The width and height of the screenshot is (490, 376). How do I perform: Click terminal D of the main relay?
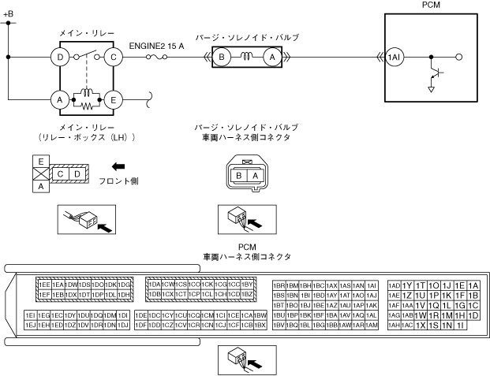(x=58, y=57)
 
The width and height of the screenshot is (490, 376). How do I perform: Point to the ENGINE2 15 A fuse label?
(x=157, y=45)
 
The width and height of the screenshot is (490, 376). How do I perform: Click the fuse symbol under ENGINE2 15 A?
(x=162, y=58)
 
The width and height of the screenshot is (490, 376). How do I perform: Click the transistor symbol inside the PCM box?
(x=432, y=75)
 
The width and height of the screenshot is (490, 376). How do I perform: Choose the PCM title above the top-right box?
(x=432, y=5)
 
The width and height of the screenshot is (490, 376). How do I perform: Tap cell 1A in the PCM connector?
(x=473, y=285)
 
